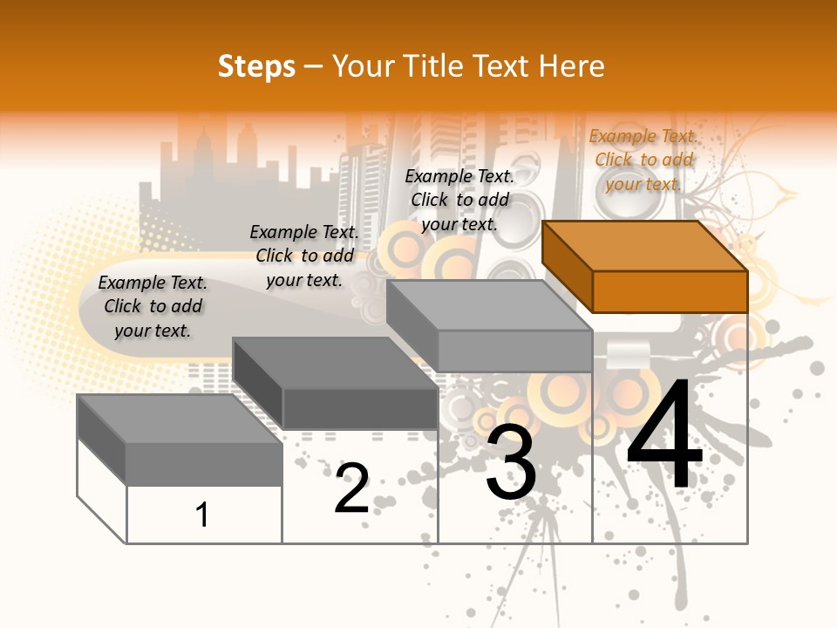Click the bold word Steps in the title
(x=256, y=66)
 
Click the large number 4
(x=664, y=435)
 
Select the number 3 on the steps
(x=511, y=462)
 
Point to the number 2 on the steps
(x=351, y=488)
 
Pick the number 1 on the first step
(x=202, y=515)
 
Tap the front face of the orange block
(x=670, y=291)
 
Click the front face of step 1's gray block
(x=204, y=464)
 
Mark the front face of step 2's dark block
(x=360, y=408)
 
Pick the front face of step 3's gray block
(x=514, y=351)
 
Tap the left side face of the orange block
(x=568, y=266)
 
